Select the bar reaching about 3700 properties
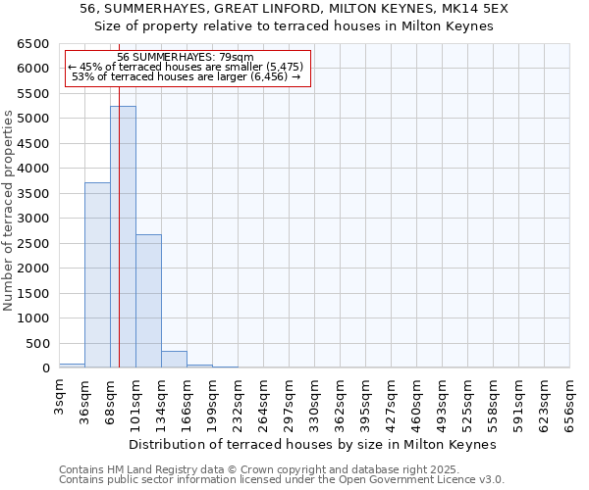pyautogui.click(x=97, y=275)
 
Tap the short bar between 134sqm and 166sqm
pyautogui.click(x=174, y=360)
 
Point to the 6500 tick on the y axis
pyautogui.click(x=31, y=44)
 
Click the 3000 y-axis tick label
pyautogui.click(x=31, y=219)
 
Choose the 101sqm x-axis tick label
pyautogui.click(x=135, y=396)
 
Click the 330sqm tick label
pyautogui.click(x=314, y=396)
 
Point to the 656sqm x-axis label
pyautogui.click(x=569, y=396)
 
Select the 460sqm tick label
pyautogui.click(x=416, y=396)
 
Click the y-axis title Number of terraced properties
pyautogui.click(x=10, y=211)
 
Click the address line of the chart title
pyautogui.click(x=294, y=9)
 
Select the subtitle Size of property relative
pyautogui.click(x=294, y=26)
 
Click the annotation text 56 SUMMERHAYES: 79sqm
pyautogui.click(x=186, y=58)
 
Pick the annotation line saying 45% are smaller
pyautogui.click(x=186, y=67)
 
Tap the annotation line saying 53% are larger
pyautogui.click(x=186, y=76)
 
